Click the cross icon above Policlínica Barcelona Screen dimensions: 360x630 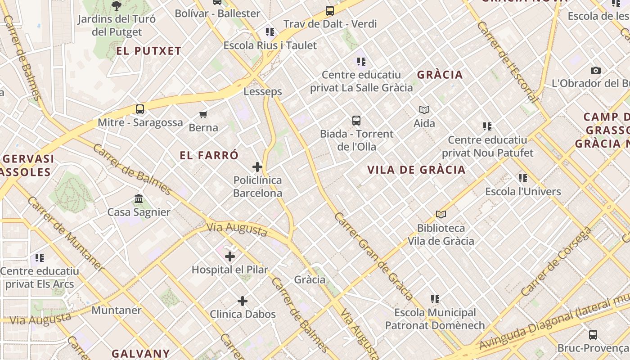[x=257, y=167]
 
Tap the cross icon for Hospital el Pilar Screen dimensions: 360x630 [x=230, y=256]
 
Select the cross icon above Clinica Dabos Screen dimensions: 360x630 [x=243, y=301]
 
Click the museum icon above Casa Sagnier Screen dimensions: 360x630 [x=139, y=198]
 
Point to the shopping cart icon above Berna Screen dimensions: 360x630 [x=203, y=114]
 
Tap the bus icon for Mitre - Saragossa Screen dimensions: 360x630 [x=140, y=109]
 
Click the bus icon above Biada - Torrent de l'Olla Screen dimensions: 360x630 [x=356, y=120]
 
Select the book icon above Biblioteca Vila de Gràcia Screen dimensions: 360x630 [x=441, y=215]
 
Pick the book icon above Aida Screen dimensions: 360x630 [x=424, y=110]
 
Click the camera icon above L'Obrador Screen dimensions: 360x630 [x=596, y=70]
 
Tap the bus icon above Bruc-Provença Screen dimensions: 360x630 [x=593, y=334]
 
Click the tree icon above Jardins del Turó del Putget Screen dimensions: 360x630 [x=117, y=6]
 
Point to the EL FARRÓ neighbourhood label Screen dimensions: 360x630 [x=209, y=156]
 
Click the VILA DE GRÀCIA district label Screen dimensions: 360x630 [x=416, y=170]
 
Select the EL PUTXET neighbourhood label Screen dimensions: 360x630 [x=149, y=51]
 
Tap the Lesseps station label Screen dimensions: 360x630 [x=263, y=91]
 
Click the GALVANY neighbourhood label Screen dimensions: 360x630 [x=141, y=353]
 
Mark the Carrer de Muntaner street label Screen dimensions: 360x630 [x=66, y=234]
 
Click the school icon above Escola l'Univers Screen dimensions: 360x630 [x=523, y=178]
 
